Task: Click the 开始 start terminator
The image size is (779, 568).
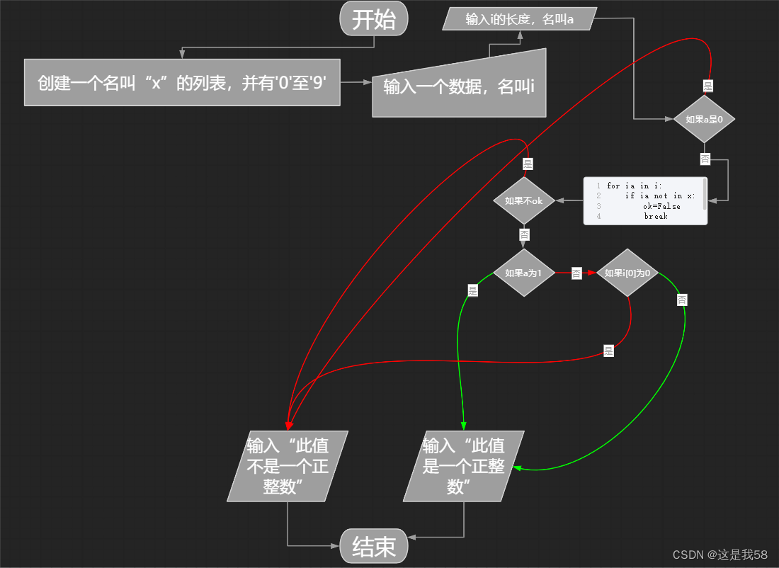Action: (374, 19)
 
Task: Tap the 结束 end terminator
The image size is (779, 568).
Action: (374, 546)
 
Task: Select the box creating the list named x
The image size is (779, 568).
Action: (182, 82)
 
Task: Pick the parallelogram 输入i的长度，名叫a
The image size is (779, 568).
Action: (520, 19)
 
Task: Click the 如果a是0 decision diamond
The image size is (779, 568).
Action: (704, 120)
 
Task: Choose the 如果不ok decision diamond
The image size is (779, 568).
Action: (523, 200)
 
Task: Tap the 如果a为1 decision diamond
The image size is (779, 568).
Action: (523, 273)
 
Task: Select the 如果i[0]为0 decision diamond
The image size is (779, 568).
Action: (627, 273)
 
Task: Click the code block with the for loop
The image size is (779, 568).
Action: (645, 201)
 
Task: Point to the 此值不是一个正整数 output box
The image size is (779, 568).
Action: (288, 465)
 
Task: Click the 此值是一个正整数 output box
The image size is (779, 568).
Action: (464, 465)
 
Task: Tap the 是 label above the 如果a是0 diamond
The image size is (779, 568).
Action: (707, 86)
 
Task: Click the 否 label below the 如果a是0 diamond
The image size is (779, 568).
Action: (705, 159)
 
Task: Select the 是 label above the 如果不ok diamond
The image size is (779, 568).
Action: (528, 164)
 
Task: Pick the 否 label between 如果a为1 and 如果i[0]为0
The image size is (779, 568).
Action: (576, 273)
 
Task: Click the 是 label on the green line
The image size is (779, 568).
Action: (472, 290)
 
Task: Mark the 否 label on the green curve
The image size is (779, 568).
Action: (681, 300)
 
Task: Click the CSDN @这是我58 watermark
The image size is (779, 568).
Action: (720, 555)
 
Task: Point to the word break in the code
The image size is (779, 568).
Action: (656, 216)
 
